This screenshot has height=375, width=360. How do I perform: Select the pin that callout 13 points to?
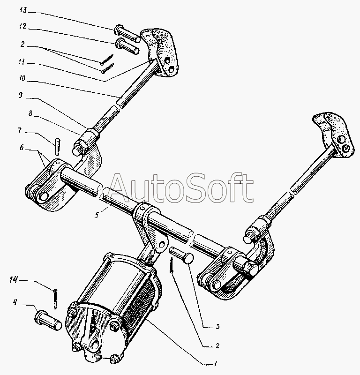[126, 32]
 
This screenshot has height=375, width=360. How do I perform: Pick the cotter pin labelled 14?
[55, 299]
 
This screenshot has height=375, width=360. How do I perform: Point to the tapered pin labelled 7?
[57, 145]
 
